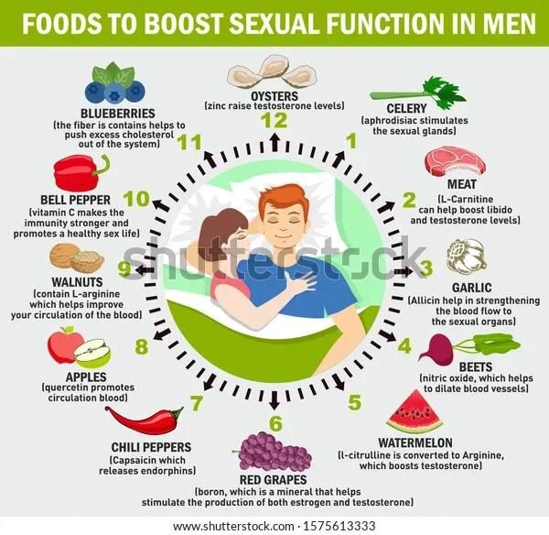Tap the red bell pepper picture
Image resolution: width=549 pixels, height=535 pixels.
pos(81,172)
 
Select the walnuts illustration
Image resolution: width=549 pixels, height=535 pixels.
pos(76,257)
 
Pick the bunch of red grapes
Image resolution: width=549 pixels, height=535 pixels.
pos(274,451)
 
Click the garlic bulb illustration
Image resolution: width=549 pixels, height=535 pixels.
pos(466,257)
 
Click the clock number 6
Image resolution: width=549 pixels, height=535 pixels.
pos(274,422)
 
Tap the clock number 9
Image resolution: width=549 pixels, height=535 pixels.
pos(124,269)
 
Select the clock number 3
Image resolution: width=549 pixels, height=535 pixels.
pos(425,267)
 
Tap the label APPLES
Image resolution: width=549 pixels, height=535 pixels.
pos(80,376)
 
